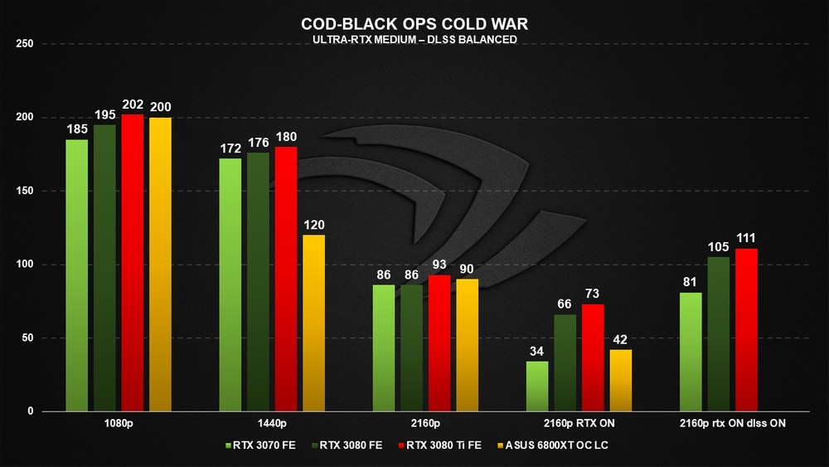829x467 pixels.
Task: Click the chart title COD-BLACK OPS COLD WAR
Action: [x=414, y=25]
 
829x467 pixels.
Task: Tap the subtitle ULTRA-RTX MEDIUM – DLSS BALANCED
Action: [x=414, y=40]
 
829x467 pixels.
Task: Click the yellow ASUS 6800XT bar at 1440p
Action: [x=314, y=323]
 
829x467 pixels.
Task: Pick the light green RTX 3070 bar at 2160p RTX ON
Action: [x=537, y=386]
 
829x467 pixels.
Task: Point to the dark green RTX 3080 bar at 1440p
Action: [x=258, y=281]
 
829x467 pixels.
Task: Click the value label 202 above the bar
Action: [x=133, y=105]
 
